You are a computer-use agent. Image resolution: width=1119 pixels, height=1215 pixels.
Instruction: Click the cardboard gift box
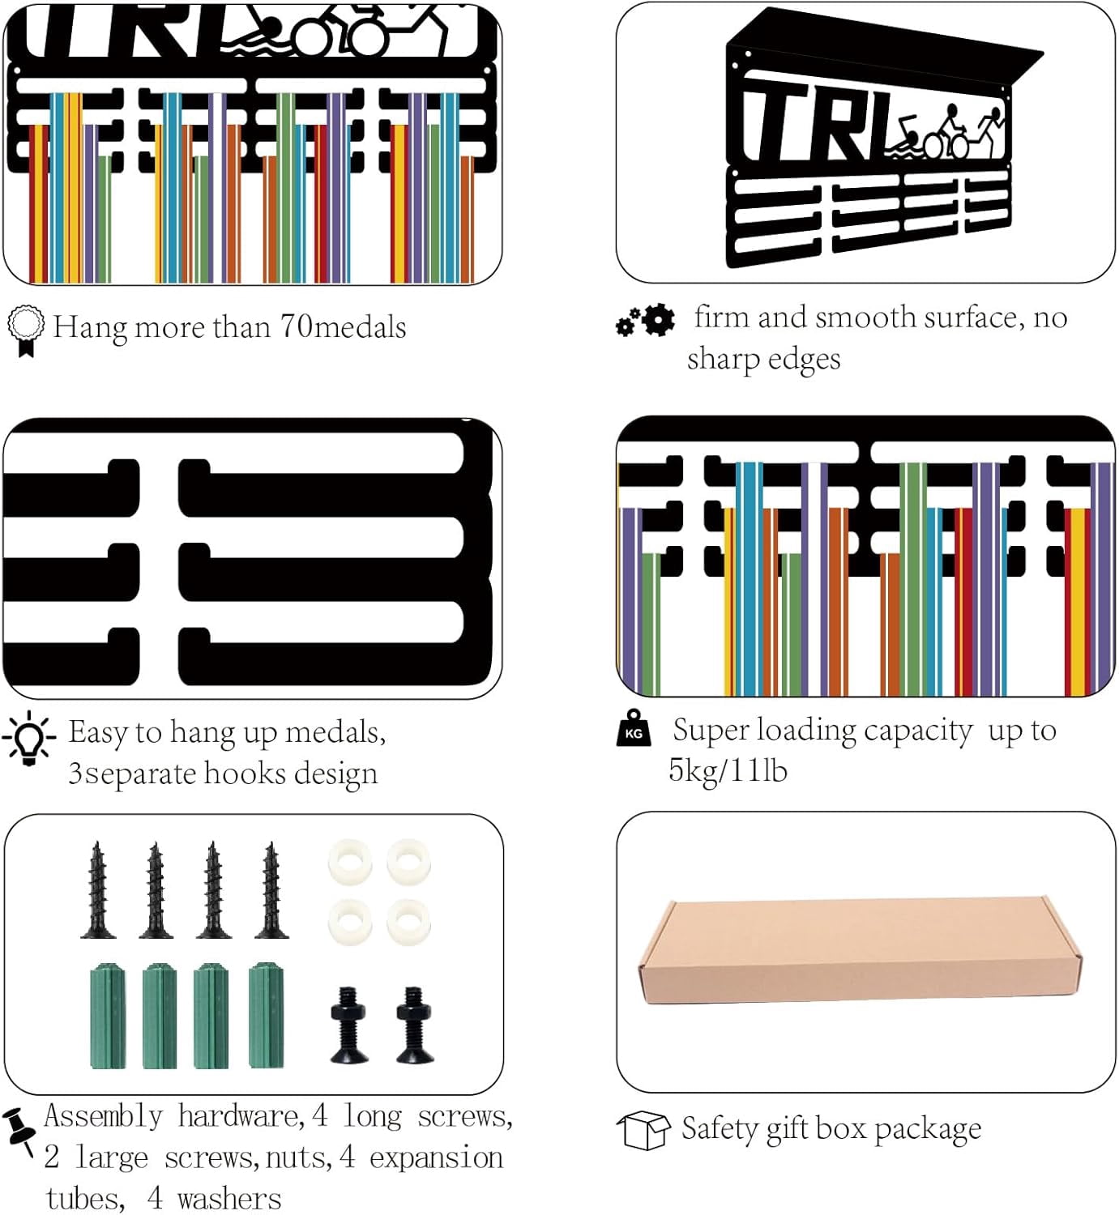[861, 949]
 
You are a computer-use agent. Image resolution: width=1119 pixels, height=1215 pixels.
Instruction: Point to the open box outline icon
[643, 1130]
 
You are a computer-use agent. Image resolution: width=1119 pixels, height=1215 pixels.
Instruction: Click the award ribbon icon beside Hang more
[25, 330]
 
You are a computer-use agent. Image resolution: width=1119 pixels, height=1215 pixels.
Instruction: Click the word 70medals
[343, 327]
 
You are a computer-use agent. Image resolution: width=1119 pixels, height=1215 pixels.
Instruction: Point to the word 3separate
[131, 774]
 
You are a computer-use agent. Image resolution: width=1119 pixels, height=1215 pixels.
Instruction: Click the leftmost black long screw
[97, 889]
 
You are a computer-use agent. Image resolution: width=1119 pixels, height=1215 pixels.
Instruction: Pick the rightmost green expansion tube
[266, 1015]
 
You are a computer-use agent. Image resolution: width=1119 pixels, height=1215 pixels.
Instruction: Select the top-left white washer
[350, 862]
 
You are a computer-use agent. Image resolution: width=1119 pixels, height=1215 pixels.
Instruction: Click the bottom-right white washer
[408, 923]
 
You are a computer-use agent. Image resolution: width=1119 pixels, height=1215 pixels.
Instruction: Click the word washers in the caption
[229, 1198]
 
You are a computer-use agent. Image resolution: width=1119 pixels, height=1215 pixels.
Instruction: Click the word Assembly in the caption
[104, 1116]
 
